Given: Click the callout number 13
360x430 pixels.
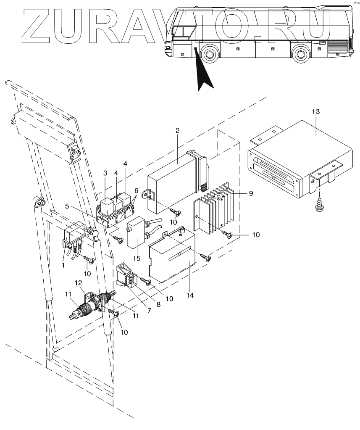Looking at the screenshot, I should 316,111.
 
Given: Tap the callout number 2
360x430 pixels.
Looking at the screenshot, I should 177,130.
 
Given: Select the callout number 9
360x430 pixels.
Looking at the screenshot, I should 250,193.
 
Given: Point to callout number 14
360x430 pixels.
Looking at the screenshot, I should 190,295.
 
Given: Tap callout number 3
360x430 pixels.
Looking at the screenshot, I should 105,173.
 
